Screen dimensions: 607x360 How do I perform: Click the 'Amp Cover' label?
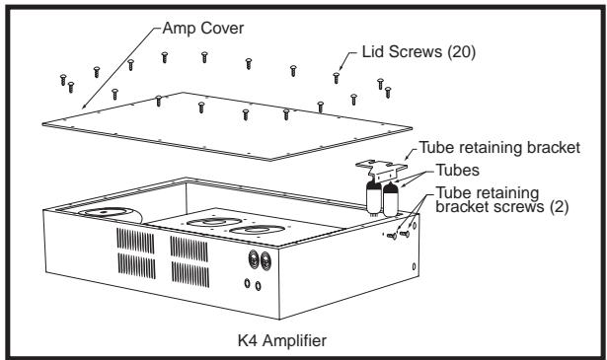[x=203, y=29]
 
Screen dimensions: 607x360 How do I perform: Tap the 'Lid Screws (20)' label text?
[x=418, y=52]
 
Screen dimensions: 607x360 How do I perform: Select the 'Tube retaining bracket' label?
[x=499, y=148]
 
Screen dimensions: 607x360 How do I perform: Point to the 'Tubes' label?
[x=458, y=171]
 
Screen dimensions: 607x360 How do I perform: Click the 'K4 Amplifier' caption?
[x=282, y=340]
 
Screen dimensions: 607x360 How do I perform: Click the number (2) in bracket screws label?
[x=559, y=206]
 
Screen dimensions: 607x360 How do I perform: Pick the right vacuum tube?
[x=391, y=199]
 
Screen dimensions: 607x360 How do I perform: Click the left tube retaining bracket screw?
[x=392, y=236]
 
